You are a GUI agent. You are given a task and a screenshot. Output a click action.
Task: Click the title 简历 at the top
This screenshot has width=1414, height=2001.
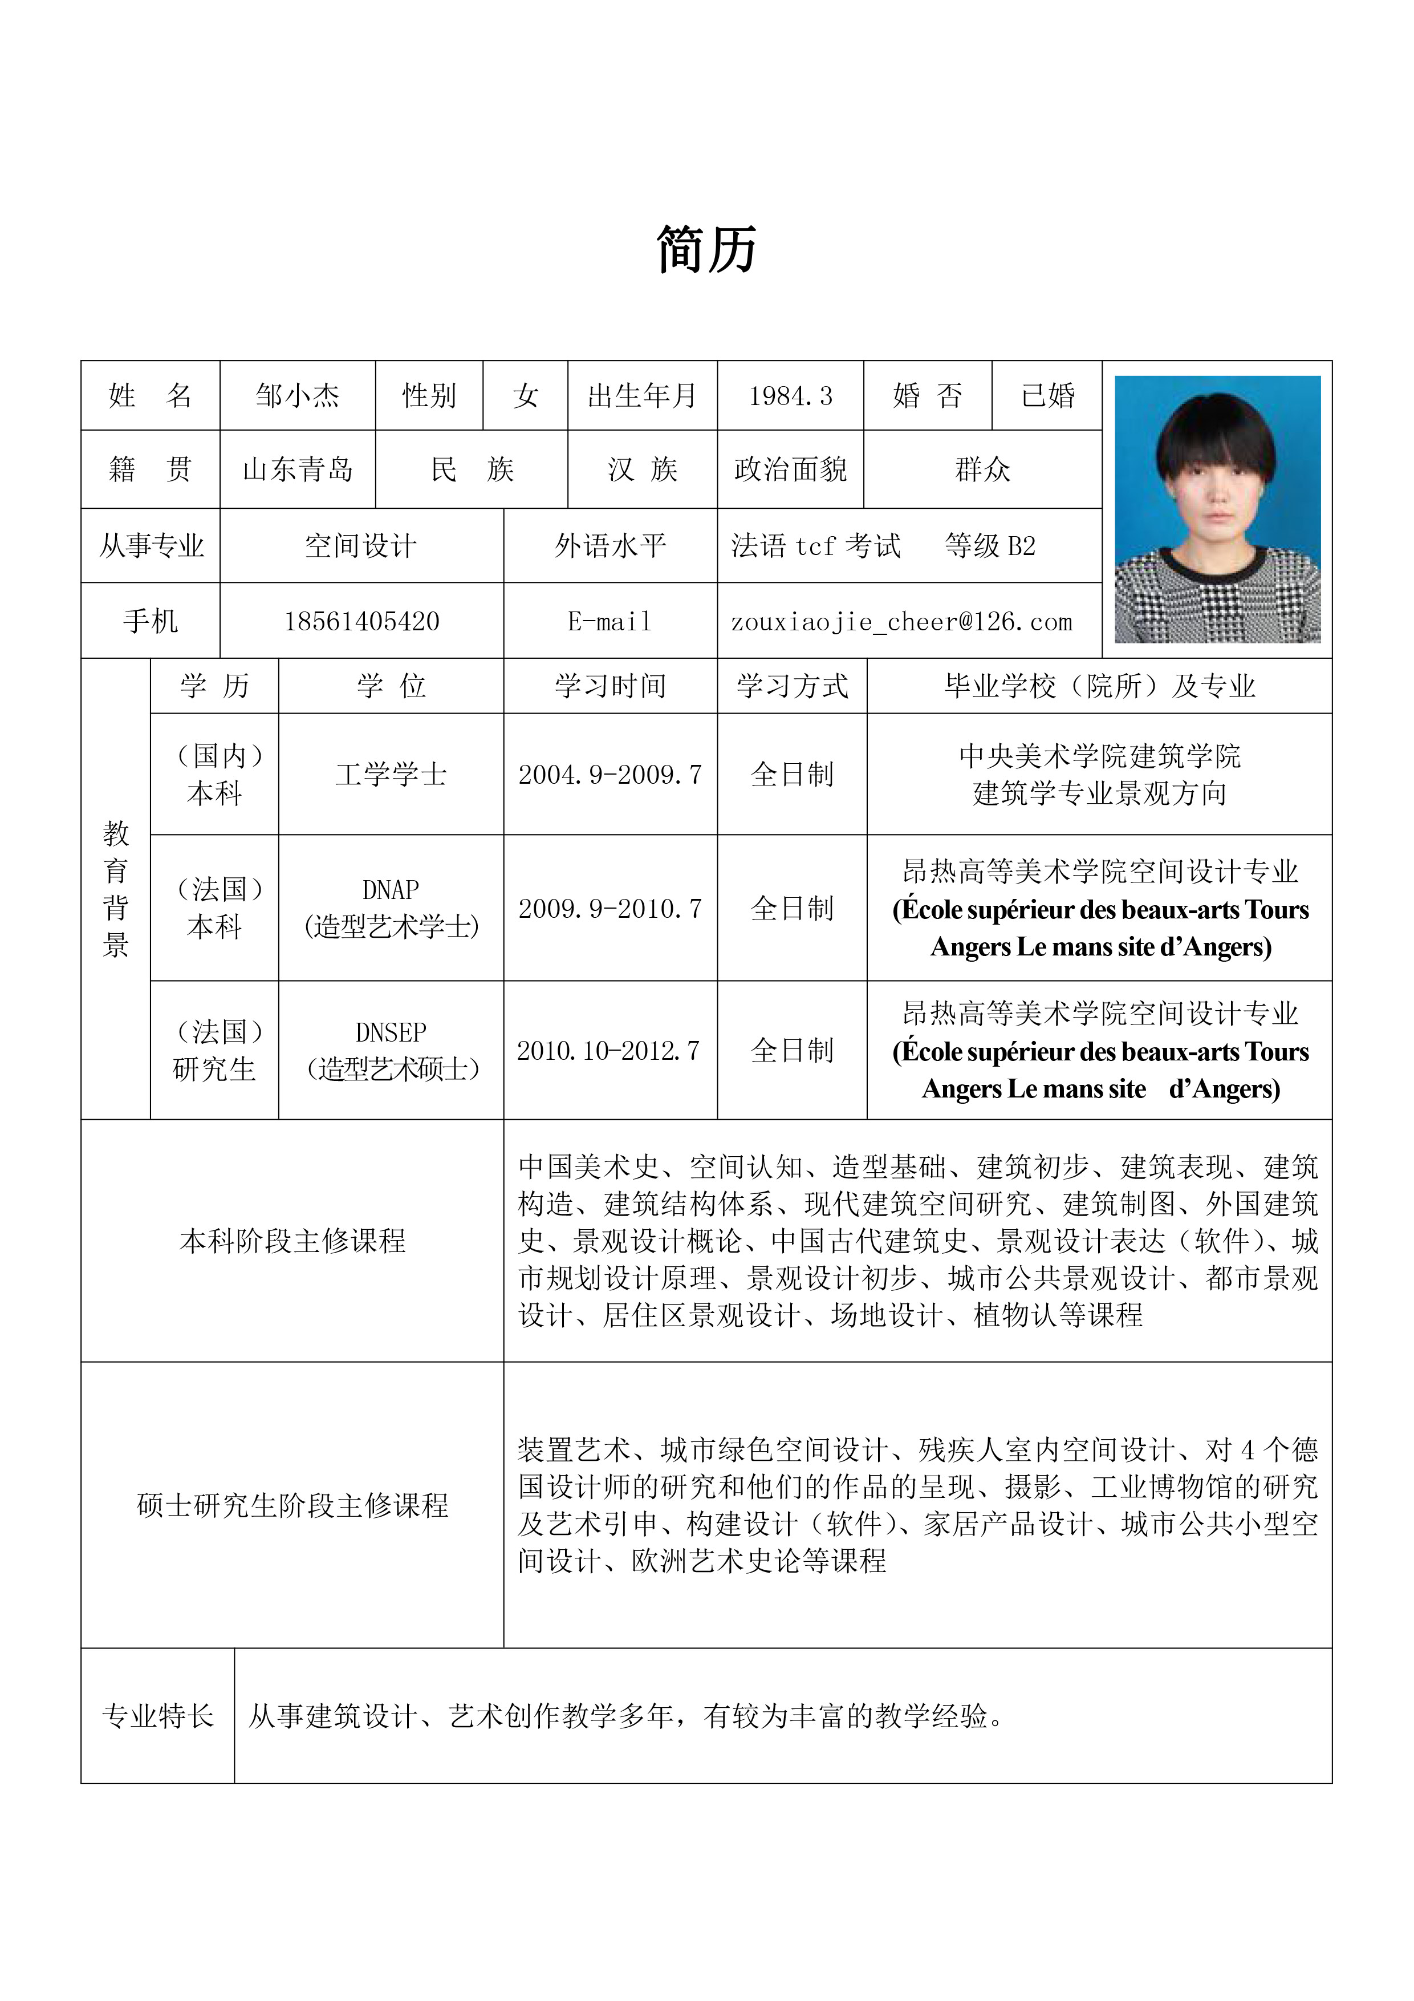(706, 250)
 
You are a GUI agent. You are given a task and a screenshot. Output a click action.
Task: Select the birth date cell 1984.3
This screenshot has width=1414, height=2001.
(790, 396)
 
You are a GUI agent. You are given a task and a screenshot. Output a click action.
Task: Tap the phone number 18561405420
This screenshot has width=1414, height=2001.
(361, 621)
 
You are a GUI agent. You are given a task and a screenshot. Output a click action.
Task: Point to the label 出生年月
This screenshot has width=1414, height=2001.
(642, 396)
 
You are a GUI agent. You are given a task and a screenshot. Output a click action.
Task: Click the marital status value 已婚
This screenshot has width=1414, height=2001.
(1047, 396)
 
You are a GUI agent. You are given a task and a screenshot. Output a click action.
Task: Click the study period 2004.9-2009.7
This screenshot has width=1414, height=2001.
(610, 775)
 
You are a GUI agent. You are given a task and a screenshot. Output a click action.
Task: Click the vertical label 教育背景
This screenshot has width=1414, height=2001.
(115, 889)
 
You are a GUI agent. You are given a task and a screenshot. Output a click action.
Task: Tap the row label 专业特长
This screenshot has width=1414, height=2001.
(158, 1715)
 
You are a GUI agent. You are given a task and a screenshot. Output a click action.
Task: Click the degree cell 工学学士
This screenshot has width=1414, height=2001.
(391, 775)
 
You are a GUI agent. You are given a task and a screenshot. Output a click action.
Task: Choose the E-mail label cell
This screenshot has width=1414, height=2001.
(610, 621)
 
